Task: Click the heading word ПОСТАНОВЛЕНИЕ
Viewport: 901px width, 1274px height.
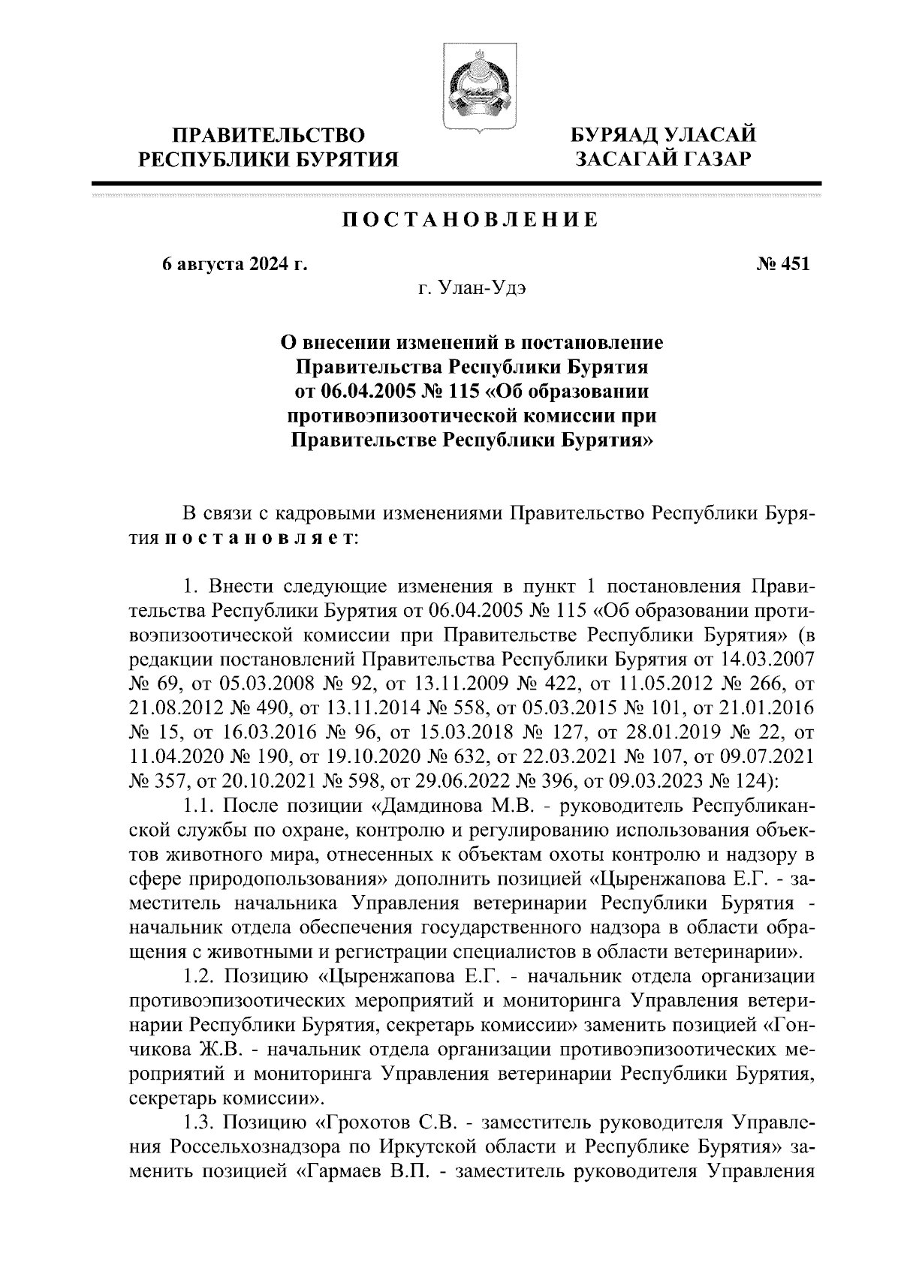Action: click(x=471, y=220)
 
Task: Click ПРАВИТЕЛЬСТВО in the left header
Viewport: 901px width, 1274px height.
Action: click(x=269, y=136)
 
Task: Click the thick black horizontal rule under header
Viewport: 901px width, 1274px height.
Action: click(x=455, y=183)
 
